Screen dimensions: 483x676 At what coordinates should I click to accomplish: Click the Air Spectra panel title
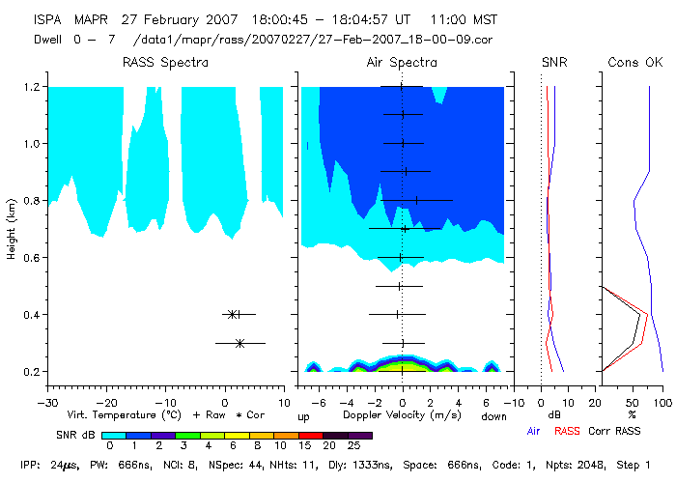click(402, 63)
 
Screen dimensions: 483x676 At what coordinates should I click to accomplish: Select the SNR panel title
click(554, 63)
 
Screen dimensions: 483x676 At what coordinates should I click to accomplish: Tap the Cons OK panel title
click(634, 63)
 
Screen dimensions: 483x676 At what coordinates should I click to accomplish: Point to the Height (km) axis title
click(11, 230)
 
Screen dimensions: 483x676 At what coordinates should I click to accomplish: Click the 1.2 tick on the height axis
click(28, 87)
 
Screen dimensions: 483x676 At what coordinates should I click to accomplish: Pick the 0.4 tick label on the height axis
click(28, 315)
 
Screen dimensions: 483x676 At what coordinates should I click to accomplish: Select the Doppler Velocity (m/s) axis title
click(396, 415)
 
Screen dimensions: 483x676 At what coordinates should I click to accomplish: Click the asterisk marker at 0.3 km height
click(239, 343)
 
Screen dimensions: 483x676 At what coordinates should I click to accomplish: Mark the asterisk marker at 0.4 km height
click(233, 314)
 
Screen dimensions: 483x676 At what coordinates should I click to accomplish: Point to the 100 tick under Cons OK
click(663, 402)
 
